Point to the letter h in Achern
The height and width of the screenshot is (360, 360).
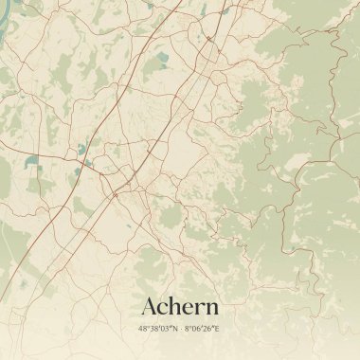(176, 307)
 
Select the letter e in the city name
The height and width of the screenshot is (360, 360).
(189, 309)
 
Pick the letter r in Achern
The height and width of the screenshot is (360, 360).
(200, 309)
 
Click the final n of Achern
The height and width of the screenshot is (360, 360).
(211, 309)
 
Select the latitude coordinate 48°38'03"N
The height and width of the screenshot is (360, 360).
(158, 329)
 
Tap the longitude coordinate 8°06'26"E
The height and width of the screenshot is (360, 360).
(202, 329)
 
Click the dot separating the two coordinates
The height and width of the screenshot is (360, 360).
(180, 329)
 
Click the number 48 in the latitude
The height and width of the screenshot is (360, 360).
(143, 329)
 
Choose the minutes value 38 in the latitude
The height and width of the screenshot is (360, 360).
(153, 329)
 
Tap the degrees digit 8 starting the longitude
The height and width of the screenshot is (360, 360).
(187, 329)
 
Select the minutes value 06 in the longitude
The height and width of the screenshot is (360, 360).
(196, 329)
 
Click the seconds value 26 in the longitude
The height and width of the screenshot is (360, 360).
(207, 329)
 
